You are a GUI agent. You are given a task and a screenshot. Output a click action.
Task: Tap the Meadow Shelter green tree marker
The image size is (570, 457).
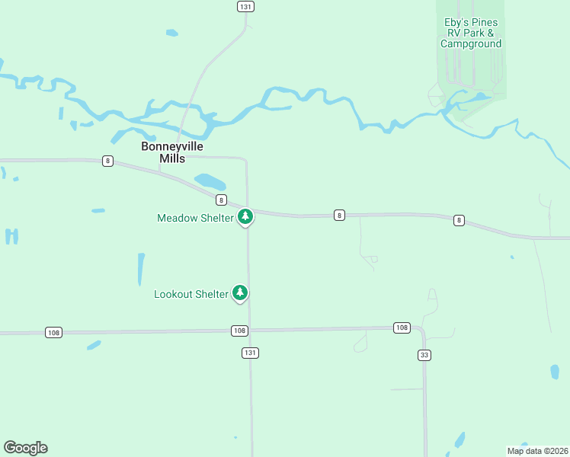point(245,217)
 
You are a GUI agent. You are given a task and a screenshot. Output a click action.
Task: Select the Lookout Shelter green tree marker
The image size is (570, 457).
point(240,292)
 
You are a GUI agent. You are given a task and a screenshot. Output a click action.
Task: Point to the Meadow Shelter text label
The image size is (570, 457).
point(195,218)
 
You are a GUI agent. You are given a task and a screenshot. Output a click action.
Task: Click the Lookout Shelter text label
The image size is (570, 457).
point(191,294)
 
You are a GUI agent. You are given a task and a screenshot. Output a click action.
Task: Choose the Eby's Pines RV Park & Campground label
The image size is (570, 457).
point(471,33)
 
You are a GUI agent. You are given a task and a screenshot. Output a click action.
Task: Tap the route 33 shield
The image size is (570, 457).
point(424,355)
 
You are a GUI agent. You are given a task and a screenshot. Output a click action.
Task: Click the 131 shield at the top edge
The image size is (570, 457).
point(245,6)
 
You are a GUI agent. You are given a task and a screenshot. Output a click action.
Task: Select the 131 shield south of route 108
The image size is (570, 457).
point(250,353)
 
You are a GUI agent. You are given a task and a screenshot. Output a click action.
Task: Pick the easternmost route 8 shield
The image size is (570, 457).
point(458,220)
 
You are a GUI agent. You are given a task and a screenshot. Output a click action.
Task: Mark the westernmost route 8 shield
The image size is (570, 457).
point(109,161)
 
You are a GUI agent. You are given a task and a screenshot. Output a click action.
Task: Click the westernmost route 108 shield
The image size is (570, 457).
point(53,333)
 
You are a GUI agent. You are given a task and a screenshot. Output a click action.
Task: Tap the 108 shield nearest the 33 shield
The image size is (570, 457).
point(402,328)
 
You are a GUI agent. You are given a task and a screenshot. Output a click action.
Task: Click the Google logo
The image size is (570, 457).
point(25,448)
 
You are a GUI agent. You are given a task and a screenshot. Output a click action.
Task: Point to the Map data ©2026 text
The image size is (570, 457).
point(537,451)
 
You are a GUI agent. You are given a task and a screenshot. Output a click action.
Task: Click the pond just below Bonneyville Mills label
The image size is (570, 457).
point(210,182)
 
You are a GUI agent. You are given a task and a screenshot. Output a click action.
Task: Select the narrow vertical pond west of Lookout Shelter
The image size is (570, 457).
point(141,269)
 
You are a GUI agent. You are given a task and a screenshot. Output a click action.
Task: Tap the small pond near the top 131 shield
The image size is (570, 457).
point(172,33)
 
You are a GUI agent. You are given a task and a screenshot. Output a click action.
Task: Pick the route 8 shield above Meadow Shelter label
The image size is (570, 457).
point(221,200)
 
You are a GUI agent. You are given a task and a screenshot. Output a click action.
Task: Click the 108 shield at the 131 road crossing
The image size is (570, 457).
point(239,331)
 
